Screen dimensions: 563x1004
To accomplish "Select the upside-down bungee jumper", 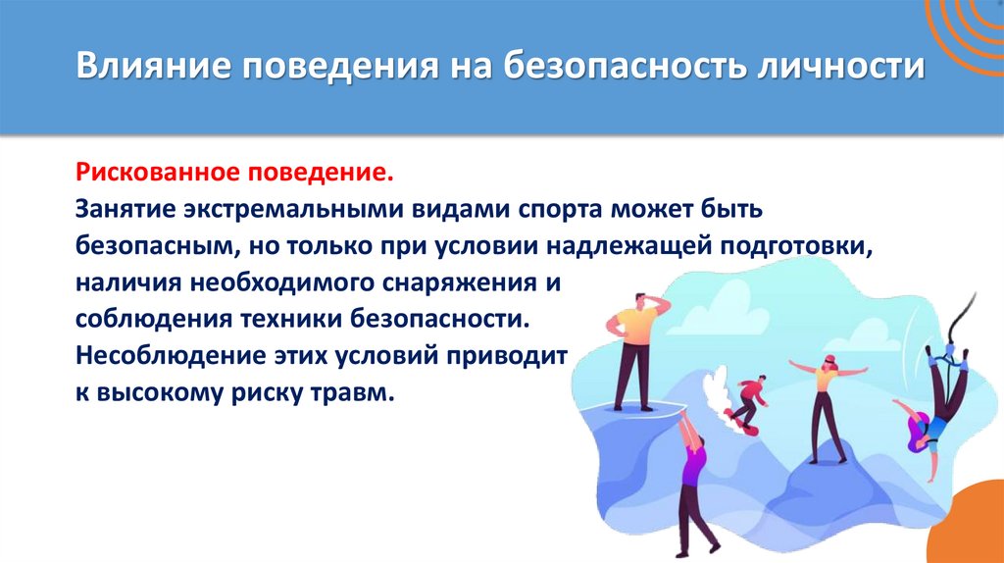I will tap(936, 402).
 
